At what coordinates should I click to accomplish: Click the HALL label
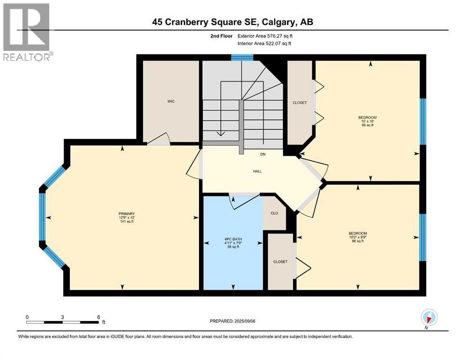tap(257, 171)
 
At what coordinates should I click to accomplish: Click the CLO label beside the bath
tap(274, 213)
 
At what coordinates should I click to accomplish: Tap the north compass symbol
tap(428, 318)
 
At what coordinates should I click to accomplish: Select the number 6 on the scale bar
tap(98, 317)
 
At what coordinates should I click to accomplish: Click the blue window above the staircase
tap(242, 58)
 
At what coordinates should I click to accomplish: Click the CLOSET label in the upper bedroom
tap(299, 103)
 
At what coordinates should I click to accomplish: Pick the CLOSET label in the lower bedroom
tap(280, 262)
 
